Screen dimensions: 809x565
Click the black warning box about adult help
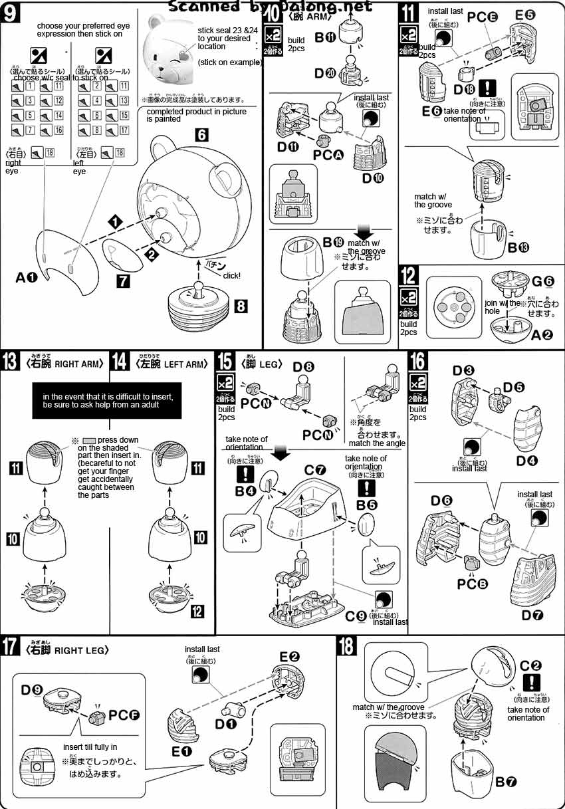[x=107, y=401]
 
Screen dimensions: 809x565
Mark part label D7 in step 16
[x=532, y=616]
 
